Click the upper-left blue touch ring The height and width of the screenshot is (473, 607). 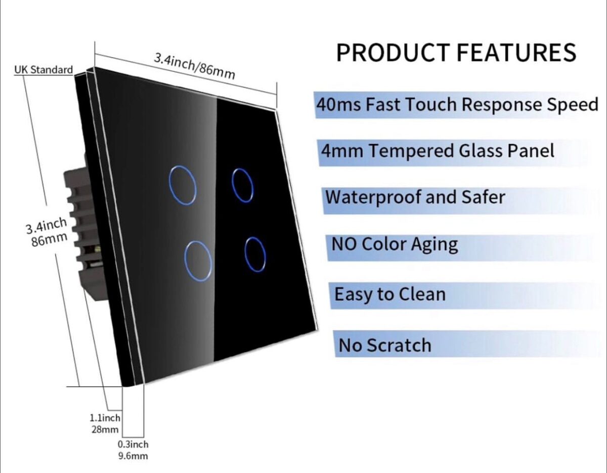[x=182, y=185]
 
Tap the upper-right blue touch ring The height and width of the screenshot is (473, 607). [x=242, y=185]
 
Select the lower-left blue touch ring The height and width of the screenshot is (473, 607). [x=198, y=260]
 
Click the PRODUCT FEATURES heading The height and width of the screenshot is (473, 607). [x=456, y=53]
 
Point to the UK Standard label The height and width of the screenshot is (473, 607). [x=44, y=70]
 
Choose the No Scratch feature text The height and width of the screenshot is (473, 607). [x=385, y=346]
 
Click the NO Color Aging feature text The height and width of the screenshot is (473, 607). [x=395, y=244]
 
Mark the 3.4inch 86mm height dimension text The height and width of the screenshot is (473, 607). [x=46, y=231]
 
